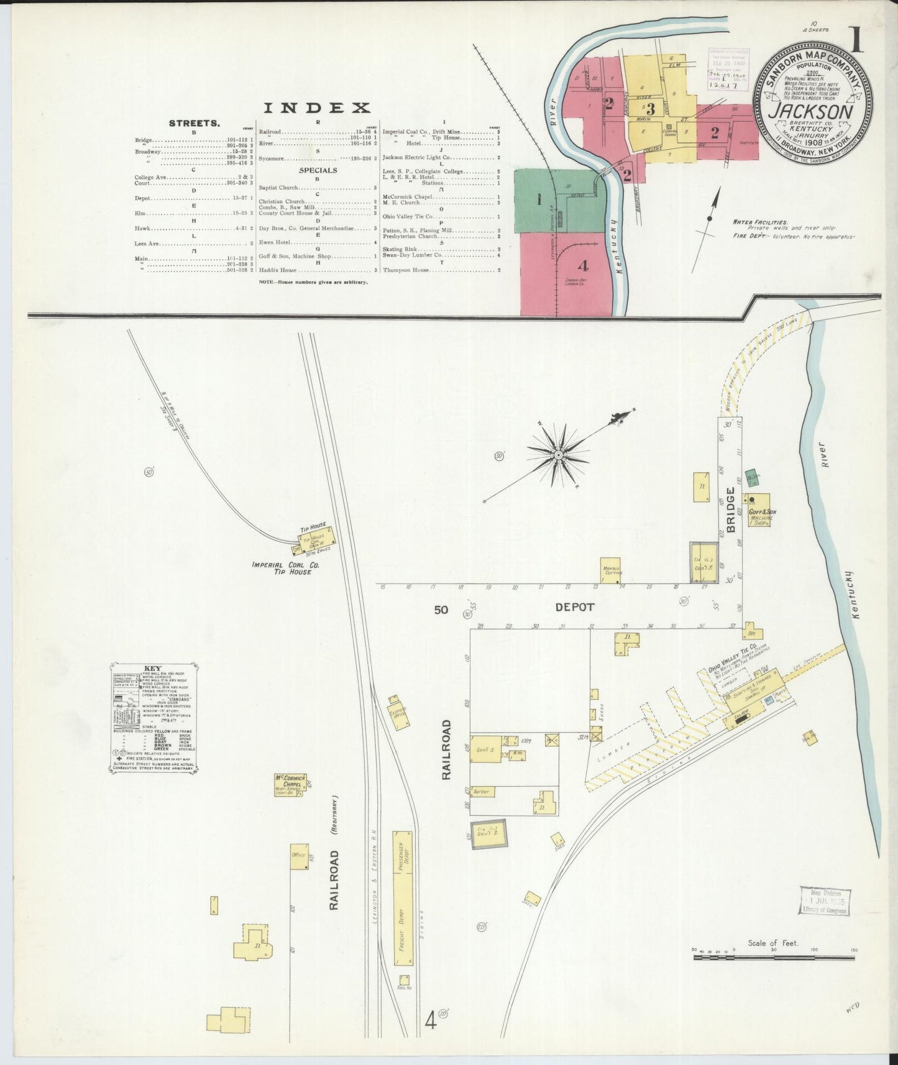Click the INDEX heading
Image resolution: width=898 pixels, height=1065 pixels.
pos(317,108)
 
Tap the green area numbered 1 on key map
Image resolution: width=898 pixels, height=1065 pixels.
pos(539,199)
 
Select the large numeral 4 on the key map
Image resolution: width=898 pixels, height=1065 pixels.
pos(582,266)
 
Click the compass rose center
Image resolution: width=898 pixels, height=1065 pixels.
pos(559,455)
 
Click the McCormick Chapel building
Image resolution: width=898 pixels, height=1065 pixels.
pos(290,784)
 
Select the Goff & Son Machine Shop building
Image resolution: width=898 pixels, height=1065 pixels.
pos(759,510)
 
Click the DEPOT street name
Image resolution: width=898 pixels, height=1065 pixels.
pos(575,607)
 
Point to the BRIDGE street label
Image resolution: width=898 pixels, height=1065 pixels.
pos(731,510)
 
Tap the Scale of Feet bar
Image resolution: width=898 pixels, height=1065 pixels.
pos(774,958)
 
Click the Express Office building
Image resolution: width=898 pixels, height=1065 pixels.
pos(398,715)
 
